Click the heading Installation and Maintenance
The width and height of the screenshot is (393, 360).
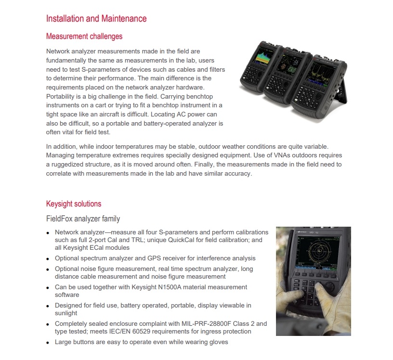click(x=96, y=19)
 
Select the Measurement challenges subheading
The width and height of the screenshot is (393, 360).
click(x=84, y=36)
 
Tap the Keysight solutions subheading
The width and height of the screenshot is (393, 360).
click(x=73, y=204)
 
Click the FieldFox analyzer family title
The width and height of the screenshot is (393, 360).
click(x=83, y=219)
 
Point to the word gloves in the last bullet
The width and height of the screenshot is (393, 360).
click(x=218, y=342)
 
